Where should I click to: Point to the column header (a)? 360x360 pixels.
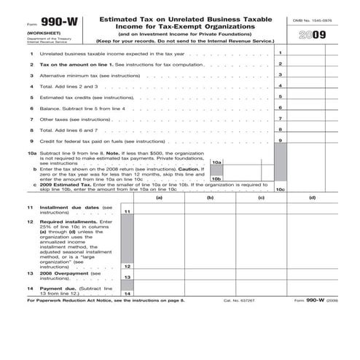(158, 197)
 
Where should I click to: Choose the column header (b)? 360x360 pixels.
(210, 197)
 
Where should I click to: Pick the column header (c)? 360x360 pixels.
(261, 197)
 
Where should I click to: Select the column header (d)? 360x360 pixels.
(312, 197)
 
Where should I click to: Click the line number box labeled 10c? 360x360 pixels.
(281, 189)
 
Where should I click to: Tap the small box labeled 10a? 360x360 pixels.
(216, 162)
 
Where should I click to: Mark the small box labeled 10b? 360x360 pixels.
(216, 179)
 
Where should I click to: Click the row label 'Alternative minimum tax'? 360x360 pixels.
(67, 76)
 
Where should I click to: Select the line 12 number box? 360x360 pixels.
(128, 267)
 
